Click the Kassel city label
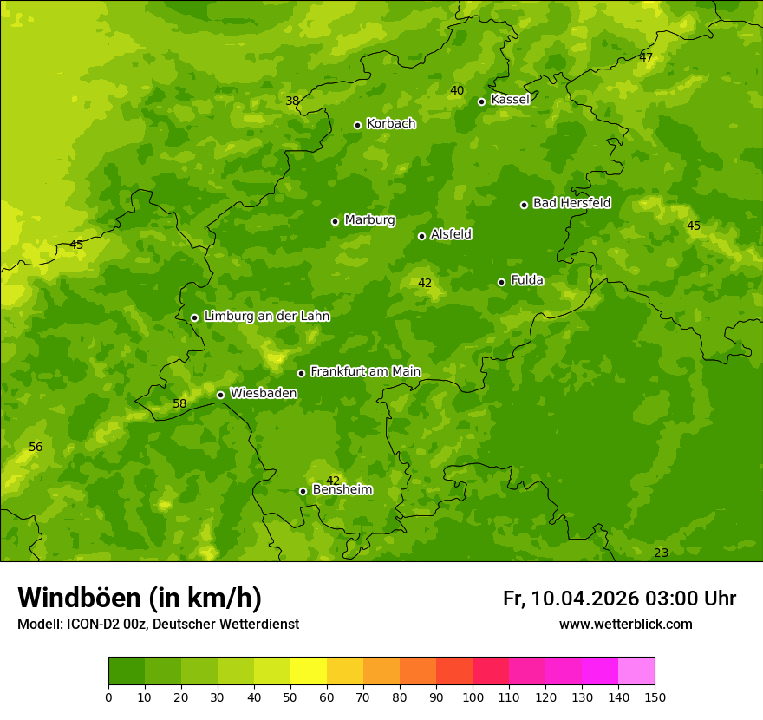(x=510, y=100)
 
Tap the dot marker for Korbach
(x=357, y=125)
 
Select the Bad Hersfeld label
(x=571, y=203)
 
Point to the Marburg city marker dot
(x=335, y=221)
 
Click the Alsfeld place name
(x=451, y=234)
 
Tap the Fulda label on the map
(x=527, y=280)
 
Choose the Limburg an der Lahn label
(x=266, y=317)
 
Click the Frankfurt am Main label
(x=365, y=371)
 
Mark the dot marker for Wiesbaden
(x=220, y=395)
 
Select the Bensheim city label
(x=342, y=489)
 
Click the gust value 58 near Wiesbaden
(x=179, y=403)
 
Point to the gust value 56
(x=36, y=447)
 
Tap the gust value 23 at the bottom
(x=661, y=553)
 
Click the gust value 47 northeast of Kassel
(x=646, y=57)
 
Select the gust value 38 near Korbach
(x=292, y=101)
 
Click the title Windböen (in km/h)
(x=140, y=598)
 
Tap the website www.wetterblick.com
(x=625, y=624)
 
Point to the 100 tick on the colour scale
(x=473, y=697)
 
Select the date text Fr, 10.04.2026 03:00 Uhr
(x=619, y=599)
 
